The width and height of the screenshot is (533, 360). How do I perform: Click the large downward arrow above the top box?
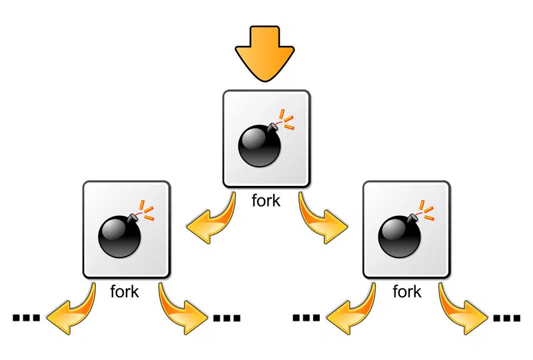tap(265, 53)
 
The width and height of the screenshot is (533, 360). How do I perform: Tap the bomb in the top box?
tap(261, 145)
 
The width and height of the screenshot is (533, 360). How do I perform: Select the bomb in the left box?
tap(120, 235)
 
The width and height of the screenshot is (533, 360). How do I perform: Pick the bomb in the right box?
tap(400, 235)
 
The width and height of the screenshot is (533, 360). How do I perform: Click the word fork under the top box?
tap(266, 201)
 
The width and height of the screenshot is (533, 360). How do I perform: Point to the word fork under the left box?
tap(125, 291)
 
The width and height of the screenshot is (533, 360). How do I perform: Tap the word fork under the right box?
tap(407, 291)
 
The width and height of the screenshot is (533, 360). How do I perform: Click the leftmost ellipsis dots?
tap(26, 318)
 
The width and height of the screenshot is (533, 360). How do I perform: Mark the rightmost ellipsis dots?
tap(506, 318)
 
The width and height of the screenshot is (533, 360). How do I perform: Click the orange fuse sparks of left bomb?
tap(147, 210)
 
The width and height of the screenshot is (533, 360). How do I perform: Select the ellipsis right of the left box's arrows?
tap(227, 318)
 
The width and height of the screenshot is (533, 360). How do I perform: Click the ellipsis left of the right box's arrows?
tap(306, 318)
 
